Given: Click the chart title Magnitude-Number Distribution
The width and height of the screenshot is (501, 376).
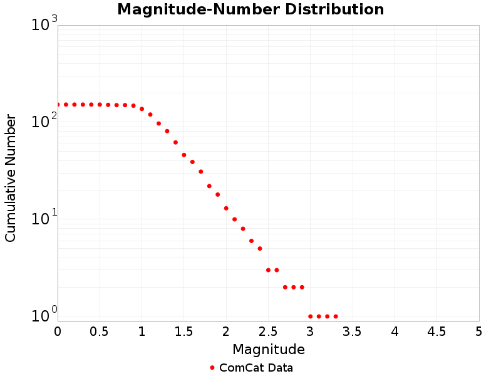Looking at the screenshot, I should (x=250, y=9).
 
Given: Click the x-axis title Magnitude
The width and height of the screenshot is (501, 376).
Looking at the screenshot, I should (x=268, y=349).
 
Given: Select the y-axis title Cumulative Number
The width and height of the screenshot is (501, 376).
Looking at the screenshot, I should (x=11, y=178).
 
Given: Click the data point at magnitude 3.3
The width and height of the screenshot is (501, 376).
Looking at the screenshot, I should (x=336, y=316).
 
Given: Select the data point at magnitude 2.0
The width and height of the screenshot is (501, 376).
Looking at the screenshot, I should (x=226, y=208).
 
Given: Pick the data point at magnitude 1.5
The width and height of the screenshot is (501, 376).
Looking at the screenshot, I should (x=184, y=155).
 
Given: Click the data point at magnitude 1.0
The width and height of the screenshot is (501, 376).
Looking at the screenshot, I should (x=142, y=109).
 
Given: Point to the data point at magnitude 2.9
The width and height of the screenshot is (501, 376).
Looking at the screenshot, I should (x=302, y=287).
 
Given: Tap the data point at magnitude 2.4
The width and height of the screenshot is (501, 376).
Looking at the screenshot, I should (x=260, y=249).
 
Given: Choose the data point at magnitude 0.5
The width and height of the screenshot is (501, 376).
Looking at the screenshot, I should (x=100, y=105).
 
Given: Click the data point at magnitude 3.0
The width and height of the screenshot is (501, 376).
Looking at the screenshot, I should (x=311, y=316).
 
